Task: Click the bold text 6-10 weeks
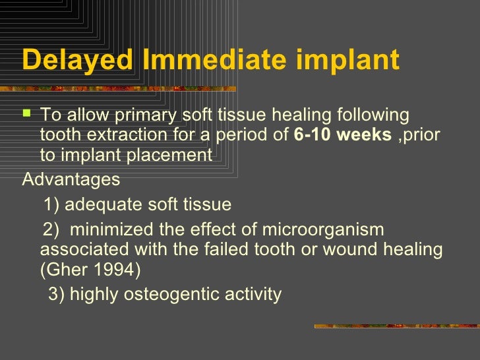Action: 343,135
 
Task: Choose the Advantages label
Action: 71,179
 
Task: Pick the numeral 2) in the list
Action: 51,229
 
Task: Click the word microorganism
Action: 323,229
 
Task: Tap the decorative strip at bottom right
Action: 396,326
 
